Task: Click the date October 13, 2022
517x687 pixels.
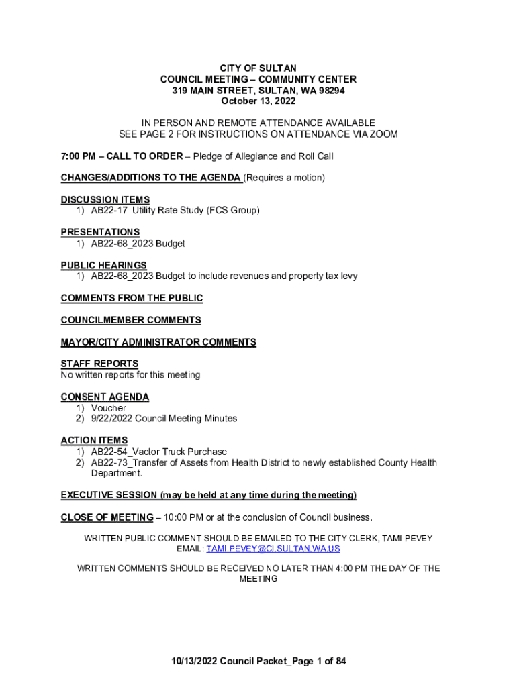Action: click(258, 101)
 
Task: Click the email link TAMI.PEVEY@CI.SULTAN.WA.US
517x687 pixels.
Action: click(273, 549)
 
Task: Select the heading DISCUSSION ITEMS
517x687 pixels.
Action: click(105, 200)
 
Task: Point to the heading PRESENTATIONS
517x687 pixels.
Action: click(100, 233)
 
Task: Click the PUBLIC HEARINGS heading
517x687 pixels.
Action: click(104, 266)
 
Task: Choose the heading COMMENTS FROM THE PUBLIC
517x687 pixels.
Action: click(132, 298)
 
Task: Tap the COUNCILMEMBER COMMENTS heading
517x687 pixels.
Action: click(131, 320)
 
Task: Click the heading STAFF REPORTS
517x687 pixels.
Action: click(99, 364)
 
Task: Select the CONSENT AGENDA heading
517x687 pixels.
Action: click(105, 397)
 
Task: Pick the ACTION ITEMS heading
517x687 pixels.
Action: click(94, 441)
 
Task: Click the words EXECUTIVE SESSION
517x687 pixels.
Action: click(109, 495)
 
